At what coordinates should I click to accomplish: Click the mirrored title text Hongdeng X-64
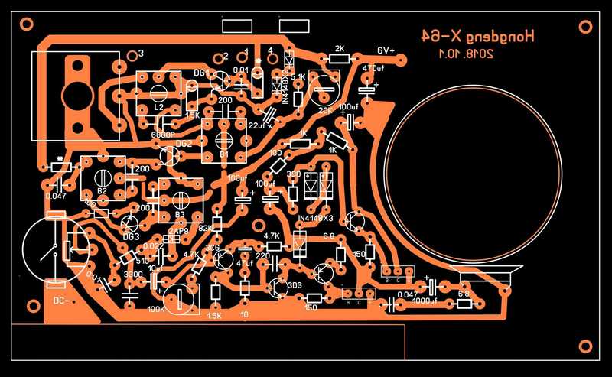pos(478,36)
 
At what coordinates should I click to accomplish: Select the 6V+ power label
pos(386,50)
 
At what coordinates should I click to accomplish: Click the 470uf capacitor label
pos(373,67)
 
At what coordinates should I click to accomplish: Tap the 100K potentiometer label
pos(156,309)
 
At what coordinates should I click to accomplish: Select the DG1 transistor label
pos(201,72)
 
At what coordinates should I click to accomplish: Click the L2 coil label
pos(158,109)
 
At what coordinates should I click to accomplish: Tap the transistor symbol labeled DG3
pos(130,224)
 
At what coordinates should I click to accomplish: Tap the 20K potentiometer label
pos(324,109)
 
